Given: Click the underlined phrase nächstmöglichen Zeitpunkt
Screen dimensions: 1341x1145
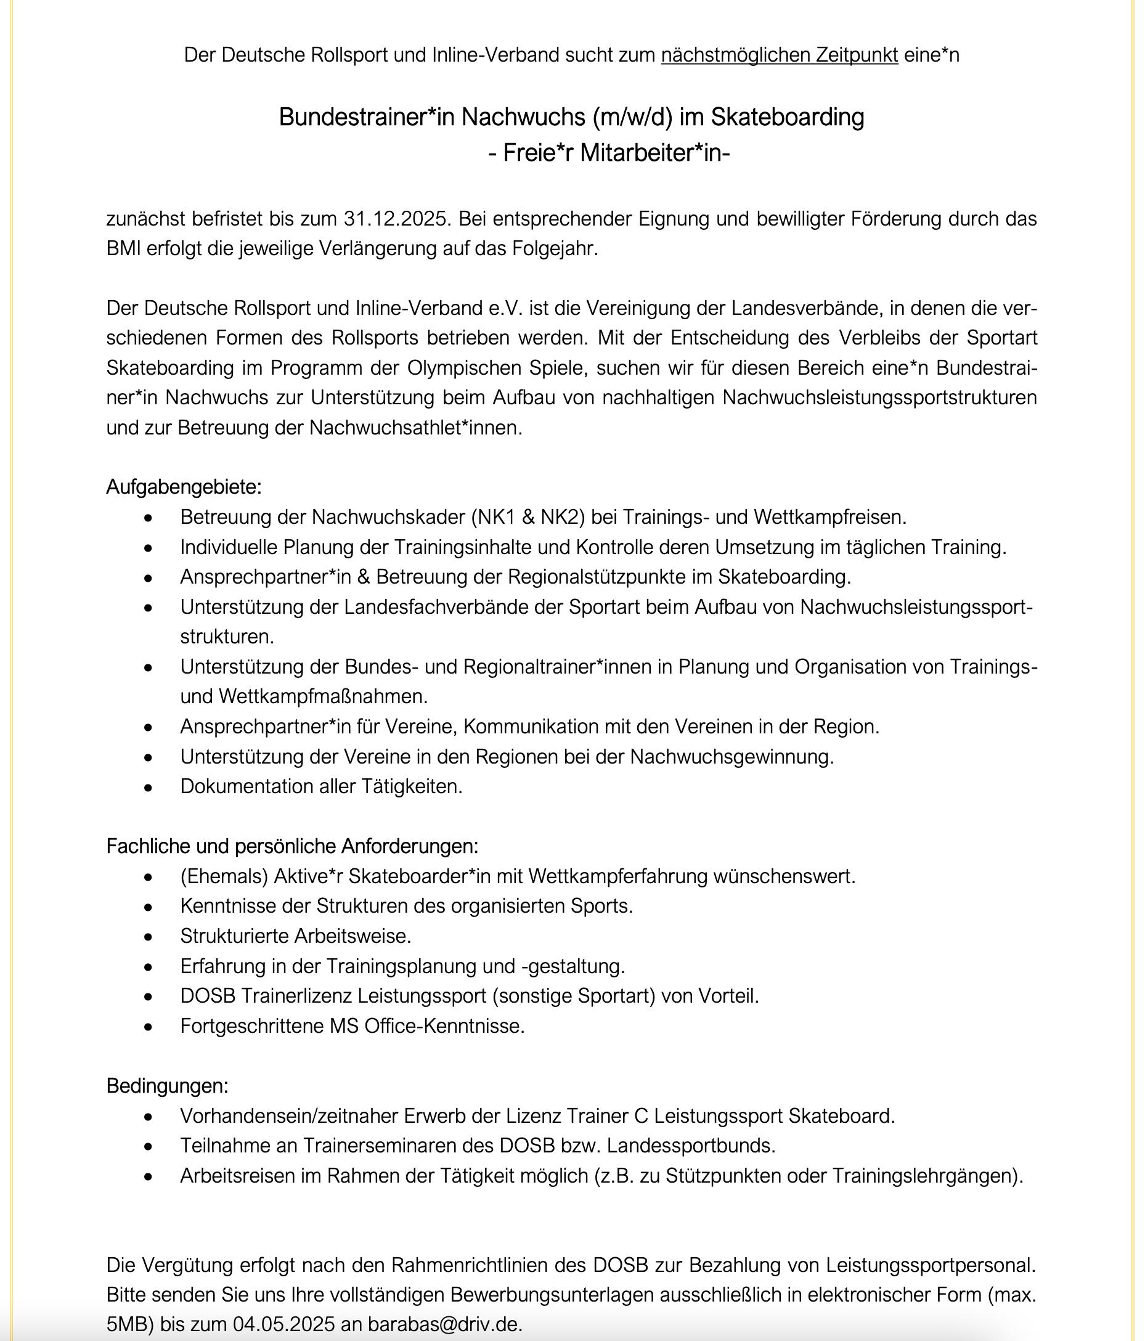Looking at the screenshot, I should point(779,55).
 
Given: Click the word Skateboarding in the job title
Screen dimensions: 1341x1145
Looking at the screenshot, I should point(787,117).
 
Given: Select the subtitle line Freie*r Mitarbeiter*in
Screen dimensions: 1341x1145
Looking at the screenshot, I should point(608,153).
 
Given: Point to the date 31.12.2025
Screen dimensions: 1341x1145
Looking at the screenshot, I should point(396,219).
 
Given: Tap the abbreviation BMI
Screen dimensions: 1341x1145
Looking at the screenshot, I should point(124,248).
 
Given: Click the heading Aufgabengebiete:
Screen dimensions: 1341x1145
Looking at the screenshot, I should point(184,487).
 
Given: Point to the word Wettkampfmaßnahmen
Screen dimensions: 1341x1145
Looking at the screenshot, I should point(323,696).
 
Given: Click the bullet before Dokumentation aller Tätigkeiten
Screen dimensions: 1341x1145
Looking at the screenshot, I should point(149,787).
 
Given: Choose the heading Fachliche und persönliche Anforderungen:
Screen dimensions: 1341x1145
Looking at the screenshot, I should point(292,846).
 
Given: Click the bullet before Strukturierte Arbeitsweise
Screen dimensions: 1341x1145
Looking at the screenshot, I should point(149,937).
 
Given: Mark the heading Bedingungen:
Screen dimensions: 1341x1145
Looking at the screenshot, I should point(167,1085).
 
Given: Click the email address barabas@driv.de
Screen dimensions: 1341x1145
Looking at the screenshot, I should point(445,1324).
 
